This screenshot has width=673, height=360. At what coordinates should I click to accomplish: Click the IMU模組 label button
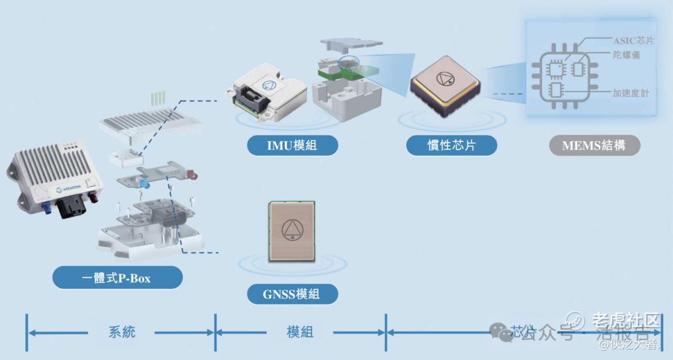pyautogui.click(x=292, y=146)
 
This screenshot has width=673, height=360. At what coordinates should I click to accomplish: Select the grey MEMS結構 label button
pyautogui.click(x=593, y=146)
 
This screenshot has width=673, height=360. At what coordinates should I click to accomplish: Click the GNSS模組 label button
pyautogui.click(x=292, y=293)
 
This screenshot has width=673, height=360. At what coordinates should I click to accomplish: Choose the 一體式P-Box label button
pyautogui.click(x=117, y=278)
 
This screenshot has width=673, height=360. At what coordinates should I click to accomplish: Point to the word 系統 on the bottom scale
pyautogui.click(x=122, y=331)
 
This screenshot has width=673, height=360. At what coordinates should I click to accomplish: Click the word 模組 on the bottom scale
pyautogui.click(x=300, y=331)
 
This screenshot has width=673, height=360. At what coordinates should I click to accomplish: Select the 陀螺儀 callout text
pyautogui.click(x=626, y=55)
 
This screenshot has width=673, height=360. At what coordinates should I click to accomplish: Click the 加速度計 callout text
pyautogui.click(x=630, y=93)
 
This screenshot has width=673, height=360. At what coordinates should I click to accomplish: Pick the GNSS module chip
pyautogui.click(x=293, y=230)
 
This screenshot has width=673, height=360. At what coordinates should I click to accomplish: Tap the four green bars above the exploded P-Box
pyautogui.click(x=158, y=98)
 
